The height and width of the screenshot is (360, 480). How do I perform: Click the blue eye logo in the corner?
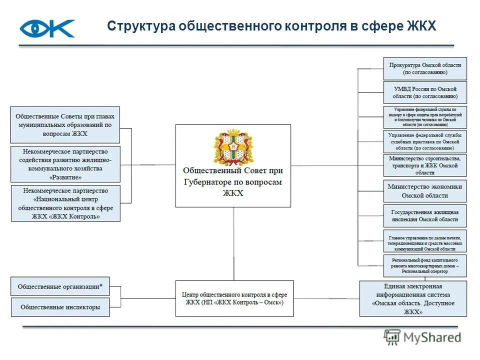coord(47,28)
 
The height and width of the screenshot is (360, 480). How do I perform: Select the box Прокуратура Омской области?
coord(424,68)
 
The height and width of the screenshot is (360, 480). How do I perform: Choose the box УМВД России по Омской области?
coord(424,92)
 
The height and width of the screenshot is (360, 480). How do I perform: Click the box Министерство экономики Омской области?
coord(424,191)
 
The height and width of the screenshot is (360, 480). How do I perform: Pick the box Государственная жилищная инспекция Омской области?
coord(424,215)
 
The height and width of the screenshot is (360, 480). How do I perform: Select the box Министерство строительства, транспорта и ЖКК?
coord(424,165)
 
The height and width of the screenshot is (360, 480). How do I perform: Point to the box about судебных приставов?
coord(424,141)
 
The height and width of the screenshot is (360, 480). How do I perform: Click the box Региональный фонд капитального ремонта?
coord(424,266)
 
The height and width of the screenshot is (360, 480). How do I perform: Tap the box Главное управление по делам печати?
coord(424,241)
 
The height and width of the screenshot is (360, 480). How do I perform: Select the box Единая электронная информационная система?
coord(413,298)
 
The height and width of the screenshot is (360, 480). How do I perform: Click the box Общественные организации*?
coord(60,286)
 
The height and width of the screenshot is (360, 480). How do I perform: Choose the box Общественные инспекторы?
coord(60,307)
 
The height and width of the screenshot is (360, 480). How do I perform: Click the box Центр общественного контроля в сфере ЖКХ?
coord(234,298)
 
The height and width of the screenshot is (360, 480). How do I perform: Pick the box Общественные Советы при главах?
coord(65,125)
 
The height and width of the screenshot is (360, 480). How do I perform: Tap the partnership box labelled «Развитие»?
coord(65,164)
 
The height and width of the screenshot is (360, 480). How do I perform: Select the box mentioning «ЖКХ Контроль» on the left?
coord(65,203)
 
